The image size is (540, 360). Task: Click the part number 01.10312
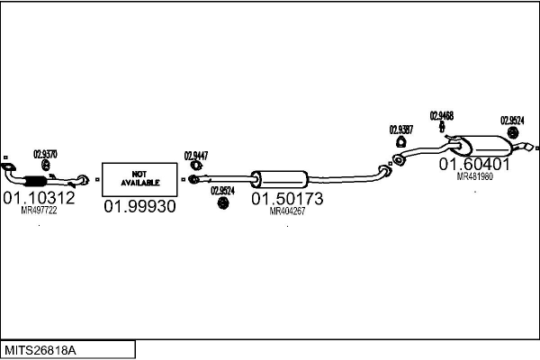(40, 197)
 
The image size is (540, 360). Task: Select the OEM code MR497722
(40, 211)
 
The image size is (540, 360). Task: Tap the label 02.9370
(46, 154)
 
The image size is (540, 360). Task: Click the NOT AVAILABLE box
(139, 179)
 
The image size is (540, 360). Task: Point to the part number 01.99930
(139, 206)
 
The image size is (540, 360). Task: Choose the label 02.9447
(196, 156)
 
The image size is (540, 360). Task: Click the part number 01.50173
(287, 197)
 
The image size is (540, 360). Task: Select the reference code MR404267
(287, 211)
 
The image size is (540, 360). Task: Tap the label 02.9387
(401, 130)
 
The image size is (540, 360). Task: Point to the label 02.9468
(441, 115)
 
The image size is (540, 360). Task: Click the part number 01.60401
(474, 165)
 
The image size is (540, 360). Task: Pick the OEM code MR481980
(474, 177)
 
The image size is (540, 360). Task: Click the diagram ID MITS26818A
(41, 349)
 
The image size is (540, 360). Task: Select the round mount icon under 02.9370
(46, 166)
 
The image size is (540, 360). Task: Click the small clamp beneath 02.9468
(441, 128)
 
